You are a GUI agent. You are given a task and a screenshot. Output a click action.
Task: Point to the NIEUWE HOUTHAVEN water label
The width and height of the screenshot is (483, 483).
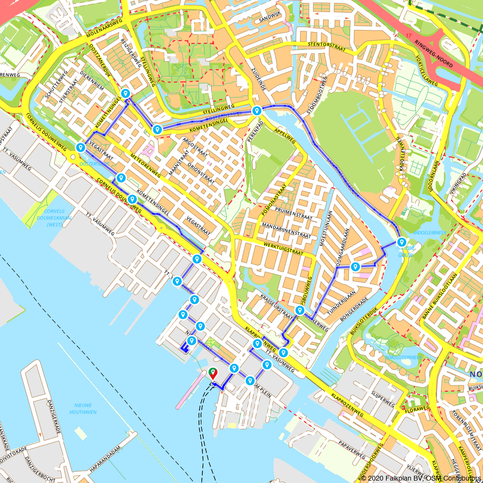(83, 409)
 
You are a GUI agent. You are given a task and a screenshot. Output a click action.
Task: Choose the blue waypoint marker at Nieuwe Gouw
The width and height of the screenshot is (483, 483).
(401, 242)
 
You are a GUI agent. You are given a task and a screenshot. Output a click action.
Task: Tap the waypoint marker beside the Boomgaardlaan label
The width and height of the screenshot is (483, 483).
(355, 267)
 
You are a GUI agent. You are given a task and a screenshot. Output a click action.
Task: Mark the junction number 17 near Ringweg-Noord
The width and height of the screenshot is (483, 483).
(410, 36)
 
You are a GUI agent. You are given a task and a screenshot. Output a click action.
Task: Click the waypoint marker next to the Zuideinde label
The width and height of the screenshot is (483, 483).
(256, 111)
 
